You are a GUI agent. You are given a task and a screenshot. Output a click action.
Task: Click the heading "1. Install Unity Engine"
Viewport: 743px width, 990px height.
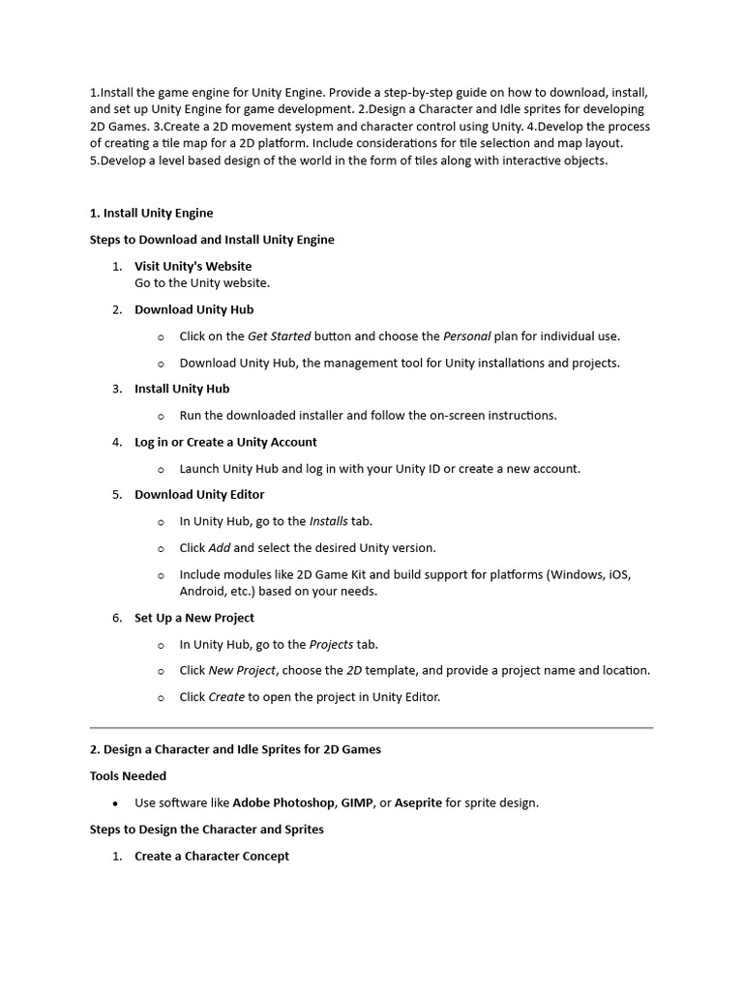coord(151,213)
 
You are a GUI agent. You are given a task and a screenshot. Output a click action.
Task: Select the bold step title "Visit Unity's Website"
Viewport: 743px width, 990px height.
coord(193,266)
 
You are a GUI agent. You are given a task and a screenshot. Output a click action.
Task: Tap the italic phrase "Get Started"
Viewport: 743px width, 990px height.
coord(279,336)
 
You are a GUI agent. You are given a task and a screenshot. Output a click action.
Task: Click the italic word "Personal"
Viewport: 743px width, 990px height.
coord(466,336)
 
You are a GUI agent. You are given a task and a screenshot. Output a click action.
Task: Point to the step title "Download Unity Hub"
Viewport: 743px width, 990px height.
coord(193,309)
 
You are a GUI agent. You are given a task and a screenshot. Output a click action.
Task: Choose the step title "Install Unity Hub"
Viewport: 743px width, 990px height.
coord(182,389)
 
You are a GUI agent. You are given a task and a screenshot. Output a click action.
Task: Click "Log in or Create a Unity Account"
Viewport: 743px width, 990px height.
coord(225,442)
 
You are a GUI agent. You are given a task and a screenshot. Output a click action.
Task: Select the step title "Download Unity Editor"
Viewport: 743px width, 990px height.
coord(199,494)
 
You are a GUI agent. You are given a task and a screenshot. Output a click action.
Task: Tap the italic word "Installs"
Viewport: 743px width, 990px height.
coord(328,521)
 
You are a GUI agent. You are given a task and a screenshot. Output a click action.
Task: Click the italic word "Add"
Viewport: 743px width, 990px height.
coord(219,547)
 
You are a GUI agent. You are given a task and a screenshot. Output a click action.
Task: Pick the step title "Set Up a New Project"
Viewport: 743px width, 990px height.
coord(194,618)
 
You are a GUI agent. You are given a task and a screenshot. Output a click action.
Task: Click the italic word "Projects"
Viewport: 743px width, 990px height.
coord(331,644)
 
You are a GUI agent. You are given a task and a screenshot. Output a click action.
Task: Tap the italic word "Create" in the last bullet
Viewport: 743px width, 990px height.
coord(226,696)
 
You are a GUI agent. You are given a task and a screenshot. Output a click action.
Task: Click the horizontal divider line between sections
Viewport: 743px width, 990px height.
coord(371,727)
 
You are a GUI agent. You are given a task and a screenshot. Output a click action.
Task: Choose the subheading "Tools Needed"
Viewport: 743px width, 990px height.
coord(128,775)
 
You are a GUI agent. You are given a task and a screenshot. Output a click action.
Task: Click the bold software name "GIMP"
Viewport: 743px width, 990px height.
coord(357,802)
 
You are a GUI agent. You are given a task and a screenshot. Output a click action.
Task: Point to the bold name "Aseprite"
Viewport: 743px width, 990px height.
coord(418,802)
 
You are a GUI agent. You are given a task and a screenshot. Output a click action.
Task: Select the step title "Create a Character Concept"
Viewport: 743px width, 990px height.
coord(212,856)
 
